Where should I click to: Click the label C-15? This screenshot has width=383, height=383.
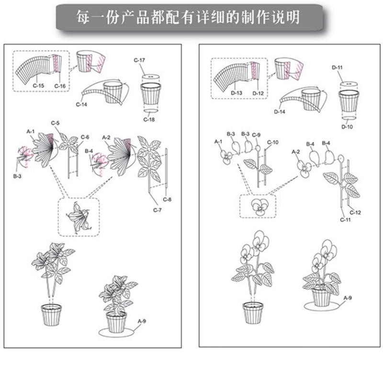click(38, 86)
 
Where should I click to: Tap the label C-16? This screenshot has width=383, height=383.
click(60, 86)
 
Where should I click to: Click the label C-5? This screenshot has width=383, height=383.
click(56, 124)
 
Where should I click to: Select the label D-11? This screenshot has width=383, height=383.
click(337, 68)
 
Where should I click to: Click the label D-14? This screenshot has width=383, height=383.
click(280, 112)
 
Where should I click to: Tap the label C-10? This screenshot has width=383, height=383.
click(272, 142)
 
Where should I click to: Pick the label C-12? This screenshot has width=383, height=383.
click(355, 212)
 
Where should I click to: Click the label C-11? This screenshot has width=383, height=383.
click(346, 219)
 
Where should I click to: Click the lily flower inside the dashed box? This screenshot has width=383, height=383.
click(78, 217)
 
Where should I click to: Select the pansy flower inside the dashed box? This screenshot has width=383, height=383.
click(259, 207)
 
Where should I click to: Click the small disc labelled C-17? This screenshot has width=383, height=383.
click(149, 76)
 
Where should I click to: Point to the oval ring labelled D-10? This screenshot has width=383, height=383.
click(349, 116)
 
